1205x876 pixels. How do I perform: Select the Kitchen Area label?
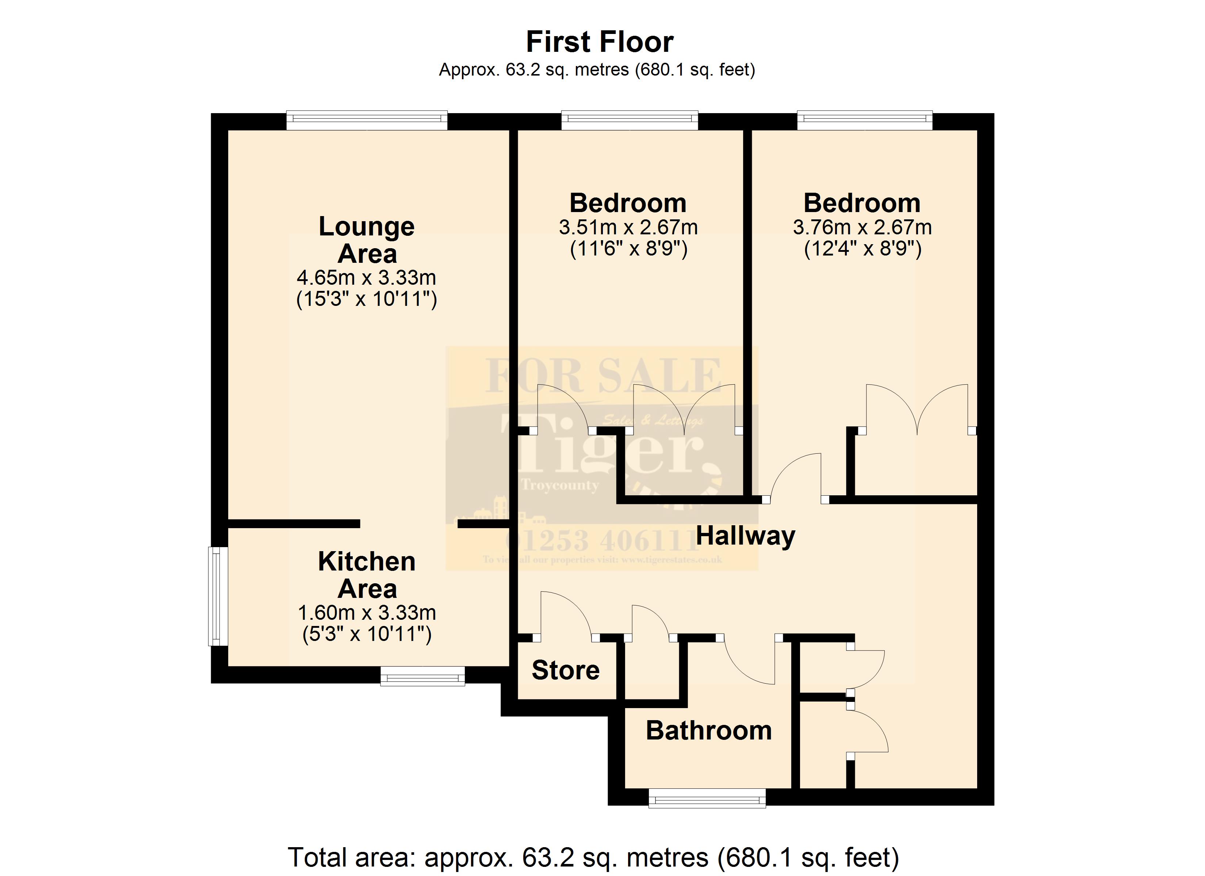coord(367,575)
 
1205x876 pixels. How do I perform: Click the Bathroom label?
coord(708,730)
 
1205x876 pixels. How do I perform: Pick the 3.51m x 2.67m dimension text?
coord(628,227)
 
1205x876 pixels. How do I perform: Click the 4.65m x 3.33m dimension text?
coord(367,277)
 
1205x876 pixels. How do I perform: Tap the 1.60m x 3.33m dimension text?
coord(367,612)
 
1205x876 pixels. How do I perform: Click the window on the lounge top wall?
coord(367,120)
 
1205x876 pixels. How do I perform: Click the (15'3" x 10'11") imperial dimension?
coord(367,299)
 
